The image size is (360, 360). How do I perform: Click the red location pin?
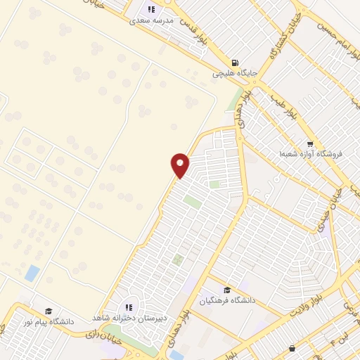click(x=180, y=165)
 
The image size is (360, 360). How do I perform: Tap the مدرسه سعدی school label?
click(x=151, y=21)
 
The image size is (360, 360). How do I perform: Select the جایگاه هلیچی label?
click(x=236, y=72)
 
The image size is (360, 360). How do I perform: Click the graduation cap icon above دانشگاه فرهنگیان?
click(x=226, y=290)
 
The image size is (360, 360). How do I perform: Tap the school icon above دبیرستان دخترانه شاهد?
click(x=128, y=307)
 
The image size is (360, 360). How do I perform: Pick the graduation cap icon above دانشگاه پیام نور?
click(x=49, y=311)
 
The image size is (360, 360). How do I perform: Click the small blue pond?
click(x=32, y=273)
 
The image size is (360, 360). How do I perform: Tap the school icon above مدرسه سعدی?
click(x=150, y=9)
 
